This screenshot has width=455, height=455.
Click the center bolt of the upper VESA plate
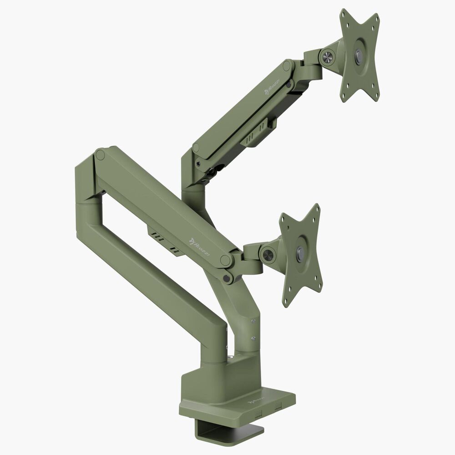pos(359,56)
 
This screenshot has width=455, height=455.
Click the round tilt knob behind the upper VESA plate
pos(327,57)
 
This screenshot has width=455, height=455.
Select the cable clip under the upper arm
pos(258,132)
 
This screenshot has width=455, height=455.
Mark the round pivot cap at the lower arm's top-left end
pos(100,155)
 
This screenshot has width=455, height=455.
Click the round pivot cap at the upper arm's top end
pos(287,66)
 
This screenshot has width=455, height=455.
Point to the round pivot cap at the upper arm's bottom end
pos(196,148)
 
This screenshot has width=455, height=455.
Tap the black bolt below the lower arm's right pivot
pos(226,278)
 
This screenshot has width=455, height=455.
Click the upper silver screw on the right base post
pos(253,322)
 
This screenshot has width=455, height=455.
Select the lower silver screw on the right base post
pos(253,338)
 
